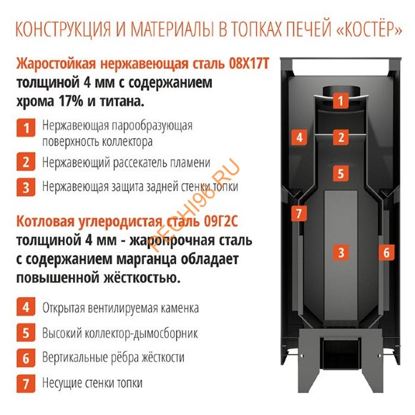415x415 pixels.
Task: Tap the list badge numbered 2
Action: (x=26, y=162)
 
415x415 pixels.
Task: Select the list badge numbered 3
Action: (x=26, y=187)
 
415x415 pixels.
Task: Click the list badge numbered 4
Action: (x=26, y=308)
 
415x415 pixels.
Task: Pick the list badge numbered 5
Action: (x=26, y=333)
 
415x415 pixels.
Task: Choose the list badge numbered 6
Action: (x=26, y=357)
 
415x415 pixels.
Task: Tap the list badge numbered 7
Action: (x=26, y=382)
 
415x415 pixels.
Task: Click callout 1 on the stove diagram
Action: (x=341, y=101)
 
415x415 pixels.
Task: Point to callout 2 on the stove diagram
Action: (x=341, y=137)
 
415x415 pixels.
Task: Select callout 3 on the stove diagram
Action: (x=341, y=252)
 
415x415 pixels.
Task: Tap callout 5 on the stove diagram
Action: (x=341, y=172)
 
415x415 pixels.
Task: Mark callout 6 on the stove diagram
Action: (x=385, y=252)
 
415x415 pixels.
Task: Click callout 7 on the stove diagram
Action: (x=300, y=213)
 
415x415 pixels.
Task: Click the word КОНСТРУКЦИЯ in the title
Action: (x=62, y=31)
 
